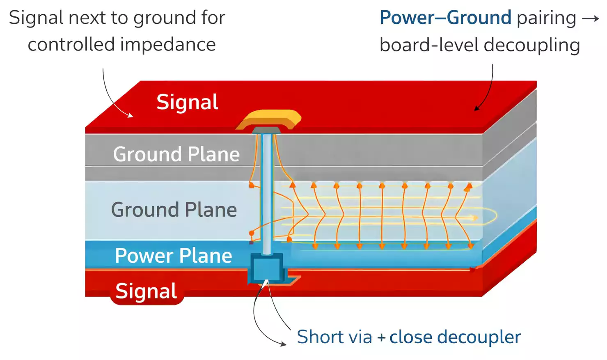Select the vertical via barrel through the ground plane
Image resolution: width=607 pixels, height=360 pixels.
click(267, 193)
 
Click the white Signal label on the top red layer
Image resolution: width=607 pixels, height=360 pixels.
click(187, 102)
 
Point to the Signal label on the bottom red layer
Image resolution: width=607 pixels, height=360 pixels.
click(146, 291)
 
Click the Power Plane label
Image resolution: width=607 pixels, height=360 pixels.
click(173, 256)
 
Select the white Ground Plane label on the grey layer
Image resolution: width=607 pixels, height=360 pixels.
click(176, 154)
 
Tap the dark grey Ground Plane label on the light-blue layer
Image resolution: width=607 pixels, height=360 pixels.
click(174, 210)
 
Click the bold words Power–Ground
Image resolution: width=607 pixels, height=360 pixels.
click(445, 18)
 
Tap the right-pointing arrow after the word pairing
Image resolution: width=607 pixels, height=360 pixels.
click(591, 18)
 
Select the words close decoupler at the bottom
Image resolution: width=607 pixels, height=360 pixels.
click(455, 337)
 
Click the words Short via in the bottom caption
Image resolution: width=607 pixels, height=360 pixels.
click(334, 337)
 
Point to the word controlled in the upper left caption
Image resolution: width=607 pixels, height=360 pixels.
click(71, 44)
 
